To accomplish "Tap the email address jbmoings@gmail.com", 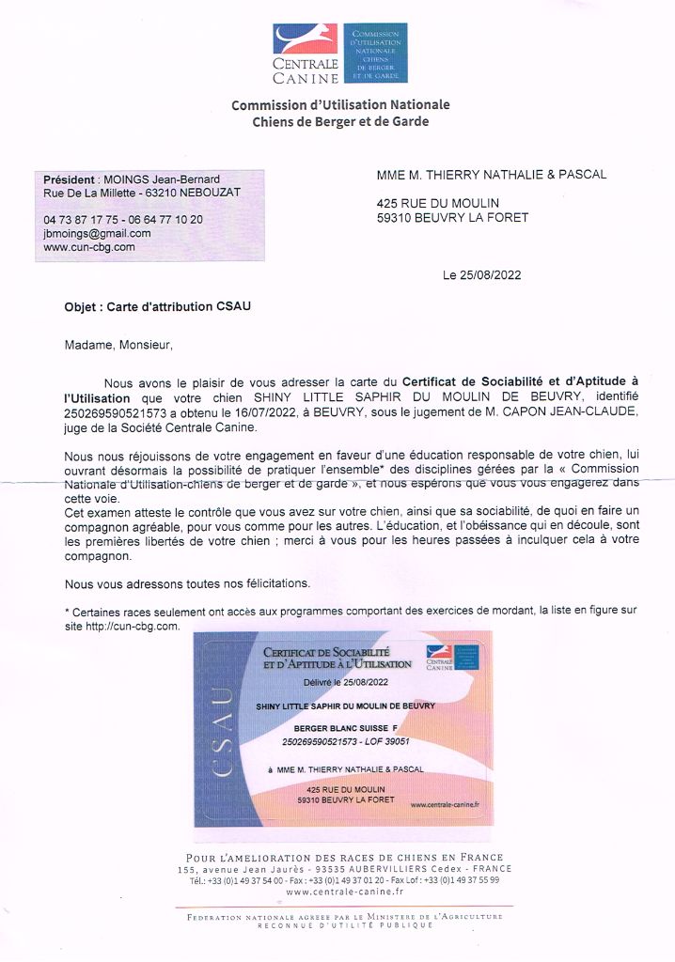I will (97, 233).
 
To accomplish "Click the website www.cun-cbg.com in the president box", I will (89, 247).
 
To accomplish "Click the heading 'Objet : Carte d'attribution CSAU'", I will (157, 306).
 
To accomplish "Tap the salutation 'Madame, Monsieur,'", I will (118, 345).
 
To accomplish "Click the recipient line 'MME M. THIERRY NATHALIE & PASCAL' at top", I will (491, 175).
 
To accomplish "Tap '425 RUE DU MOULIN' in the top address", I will (437, 203).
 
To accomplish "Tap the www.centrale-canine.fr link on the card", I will (445, 804).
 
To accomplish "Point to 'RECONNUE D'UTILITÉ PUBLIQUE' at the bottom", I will (345, 925).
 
